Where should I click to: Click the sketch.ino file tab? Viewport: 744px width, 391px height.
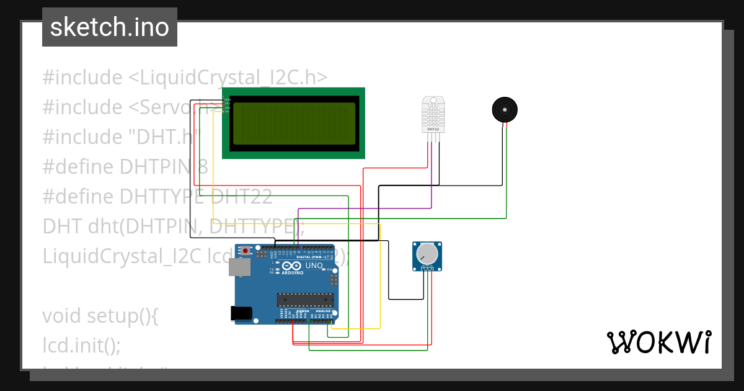click(109, 27)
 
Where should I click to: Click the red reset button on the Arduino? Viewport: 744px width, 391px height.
click(246, 251)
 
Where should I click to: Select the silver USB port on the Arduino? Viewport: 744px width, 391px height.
click(240, 267)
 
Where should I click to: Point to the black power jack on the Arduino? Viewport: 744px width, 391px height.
click(241, 313)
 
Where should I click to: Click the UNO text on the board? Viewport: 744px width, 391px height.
click(314, 266)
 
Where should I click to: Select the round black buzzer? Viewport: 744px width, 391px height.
click(505, 110)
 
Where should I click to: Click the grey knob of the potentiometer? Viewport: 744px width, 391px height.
click(427, 253)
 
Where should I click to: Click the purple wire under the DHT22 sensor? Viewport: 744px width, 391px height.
click(432, 180)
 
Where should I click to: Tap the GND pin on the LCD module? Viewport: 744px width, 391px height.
click(227, 99)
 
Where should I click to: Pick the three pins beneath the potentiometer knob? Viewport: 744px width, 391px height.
click(427, 268)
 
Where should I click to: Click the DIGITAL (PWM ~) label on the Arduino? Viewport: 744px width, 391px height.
click(311, 257)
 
